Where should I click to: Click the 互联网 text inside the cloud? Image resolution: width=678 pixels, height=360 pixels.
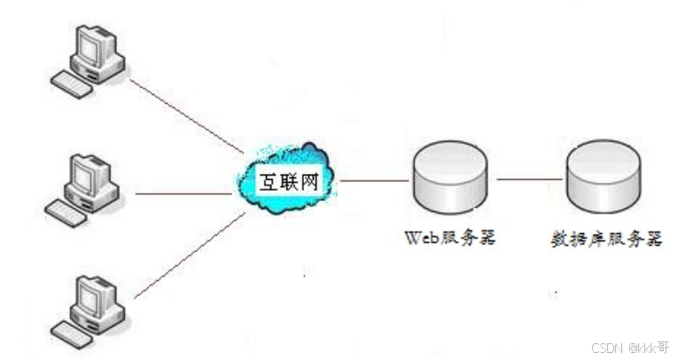(x=286, y=182)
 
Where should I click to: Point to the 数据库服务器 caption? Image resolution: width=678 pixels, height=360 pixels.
(x=605, y=239)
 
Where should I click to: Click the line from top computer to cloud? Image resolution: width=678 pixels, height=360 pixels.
(x=186, y=115)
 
